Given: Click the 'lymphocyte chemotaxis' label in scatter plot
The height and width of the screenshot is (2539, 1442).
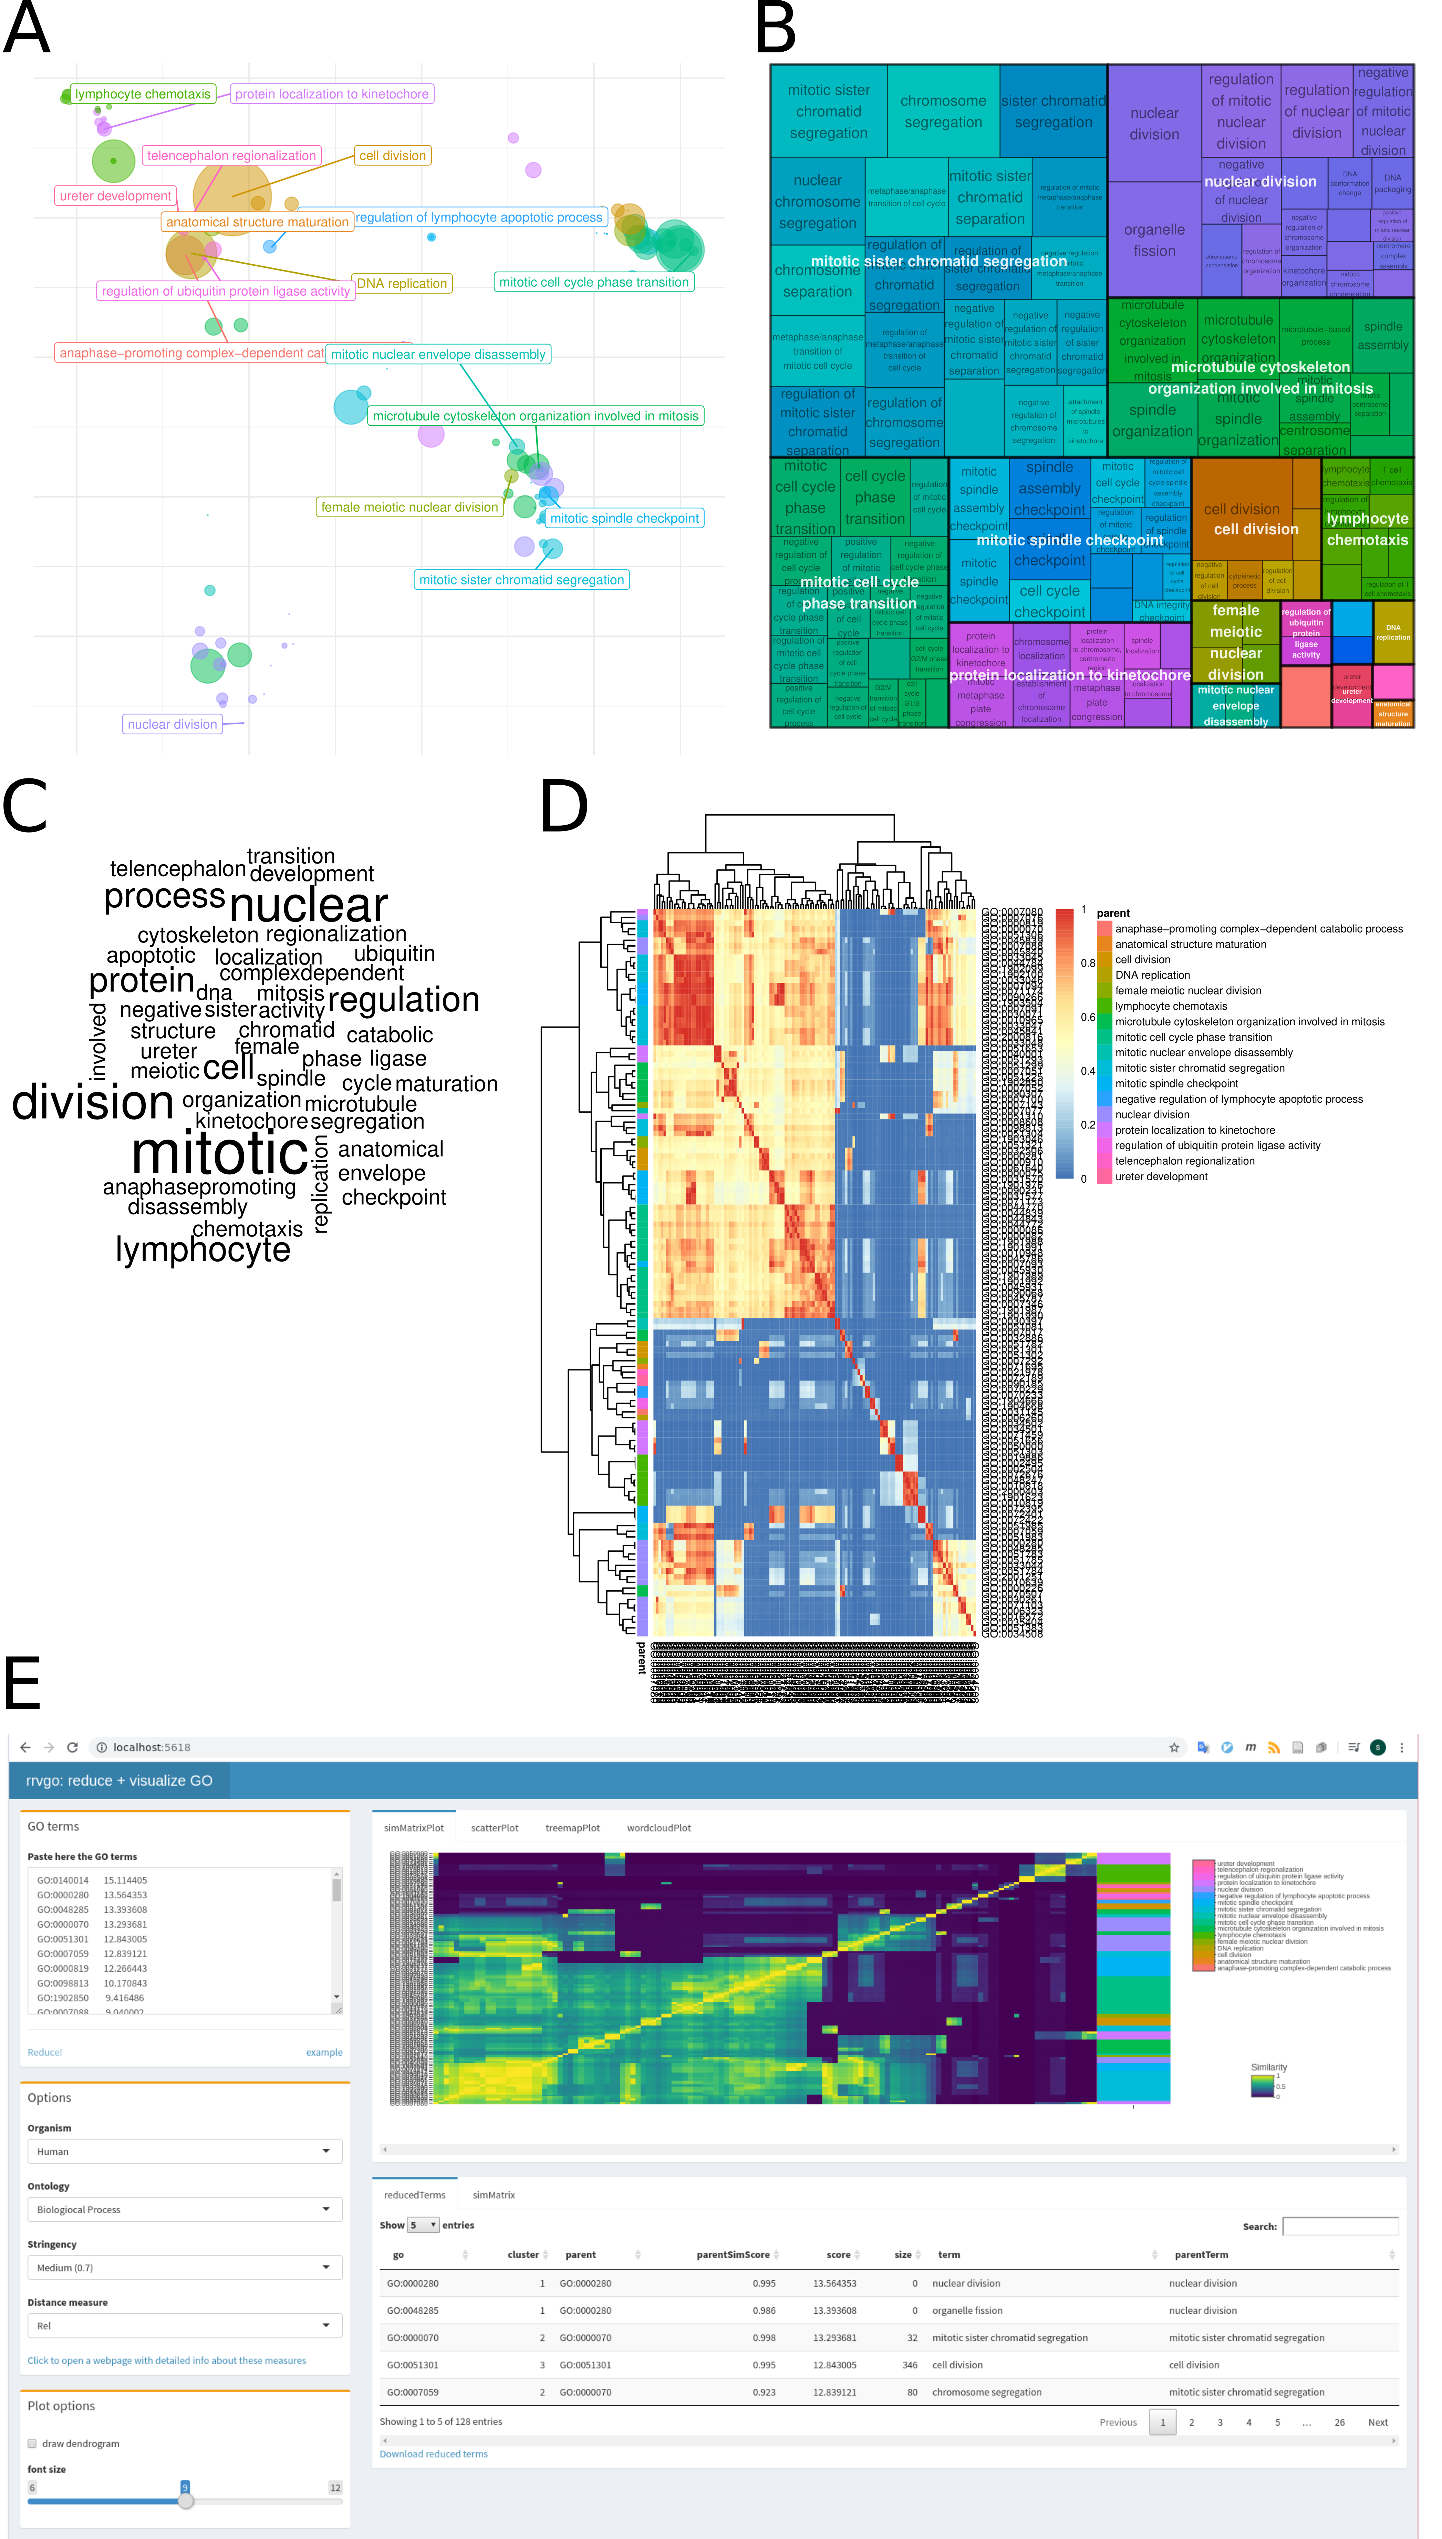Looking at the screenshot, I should (x=143, y=94).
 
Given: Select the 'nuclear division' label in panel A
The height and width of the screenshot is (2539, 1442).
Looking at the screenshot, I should (x=172, y=724).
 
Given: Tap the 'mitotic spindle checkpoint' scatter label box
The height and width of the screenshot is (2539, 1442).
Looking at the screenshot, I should (x=624, y=518).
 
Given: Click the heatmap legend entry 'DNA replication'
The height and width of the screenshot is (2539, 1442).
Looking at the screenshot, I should (x=1152, y=975).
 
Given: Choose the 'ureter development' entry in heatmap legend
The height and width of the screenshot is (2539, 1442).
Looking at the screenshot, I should (x=1161, y=1177).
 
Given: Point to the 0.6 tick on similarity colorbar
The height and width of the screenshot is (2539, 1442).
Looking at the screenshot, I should (x=1088, y=1017).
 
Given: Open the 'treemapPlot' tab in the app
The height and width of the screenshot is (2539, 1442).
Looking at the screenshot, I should (x=572, y=1828).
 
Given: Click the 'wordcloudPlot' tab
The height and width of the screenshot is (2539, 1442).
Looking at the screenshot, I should (x=658, y=1828).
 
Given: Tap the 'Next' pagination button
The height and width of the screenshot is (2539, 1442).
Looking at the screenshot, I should (x=1378, y=2422).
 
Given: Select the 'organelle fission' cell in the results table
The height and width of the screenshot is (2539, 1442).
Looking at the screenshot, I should (x=967, y=2310).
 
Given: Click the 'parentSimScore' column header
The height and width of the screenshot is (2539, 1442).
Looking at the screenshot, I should (x=733, y=2255).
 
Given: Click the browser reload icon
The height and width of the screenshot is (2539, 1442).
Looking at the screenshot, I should (x=72, y=1747).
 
